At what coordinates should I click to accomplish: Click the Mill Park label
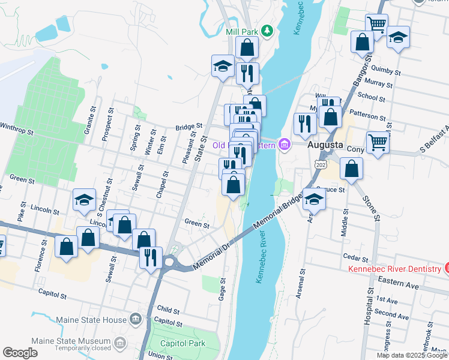(243, 32)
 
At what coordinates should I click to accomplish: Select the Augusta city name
(325, 145)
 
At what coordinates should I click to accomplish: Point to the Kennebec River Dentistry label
(394, 268)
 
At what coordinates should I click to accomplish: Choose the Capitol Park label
(182, 343)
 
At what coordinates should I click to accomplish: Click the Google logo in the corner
(20, 353)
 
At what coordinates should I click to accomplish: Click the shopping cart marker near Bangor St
(377, 25)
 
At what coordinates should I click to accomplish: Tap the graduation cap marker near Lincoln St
(84, 201)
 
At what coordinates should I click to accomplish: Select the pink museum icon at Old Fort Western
(283, 145)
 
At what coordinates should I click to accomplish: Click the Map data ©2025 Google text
(412, 355)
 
